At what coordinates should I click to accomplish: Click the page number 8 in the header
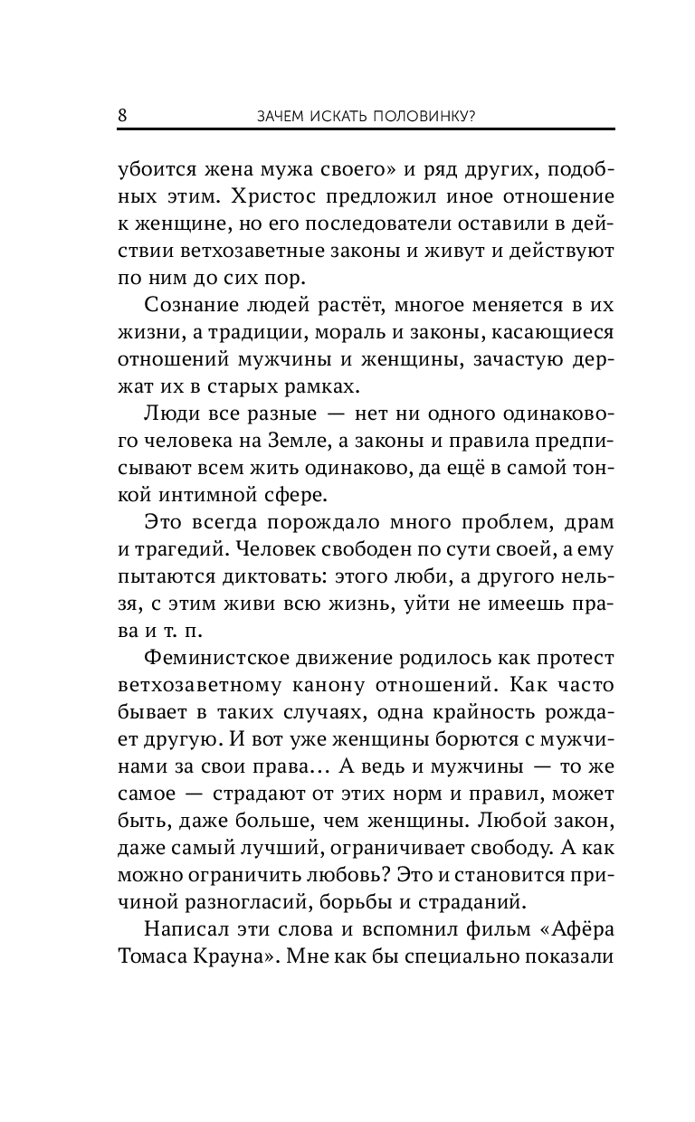122,115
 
